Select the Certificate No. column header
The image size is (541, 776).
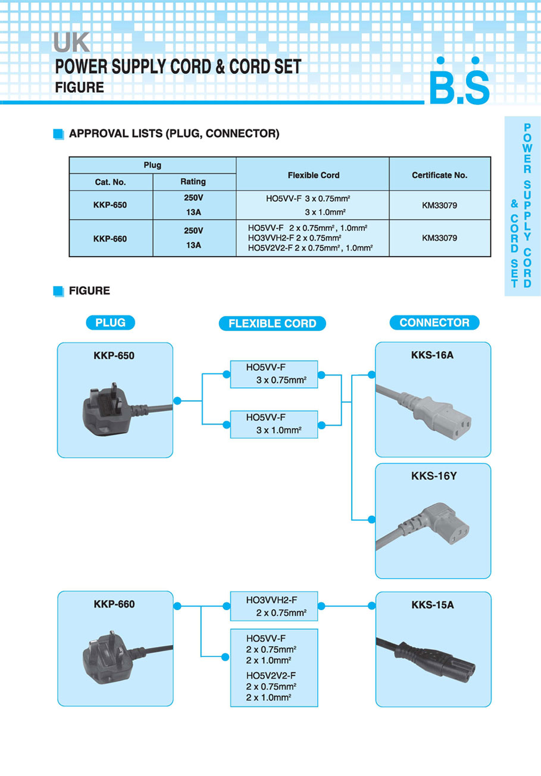point(440,175)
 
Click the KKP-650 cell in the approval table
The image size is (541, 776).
point(110,205)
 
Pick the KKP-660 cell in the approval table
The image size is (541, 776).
point(110,238)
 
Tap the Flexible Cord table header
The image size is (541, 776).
point(313,175)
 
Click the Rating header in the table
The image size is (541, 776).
point(193,182)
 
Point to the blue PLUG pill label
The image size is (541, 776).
point(110,323)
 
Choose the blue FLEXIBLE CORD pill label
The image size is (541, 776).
point(272,323)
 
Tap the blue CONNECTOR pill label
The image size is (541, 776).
point(434,323)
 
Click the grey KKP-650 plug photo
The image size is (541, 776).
point(110,410)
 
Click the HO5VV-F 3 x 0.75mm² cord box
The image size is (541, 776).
point(274,374)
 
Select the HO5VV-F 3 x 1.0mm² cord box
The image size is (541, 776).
point(274,424)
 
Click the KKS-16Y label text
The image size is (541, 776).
point(433,476)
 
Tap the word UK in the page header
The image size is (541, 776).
point(71,43)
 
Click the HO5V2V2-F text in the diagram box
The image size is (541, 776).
point(271,675)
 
